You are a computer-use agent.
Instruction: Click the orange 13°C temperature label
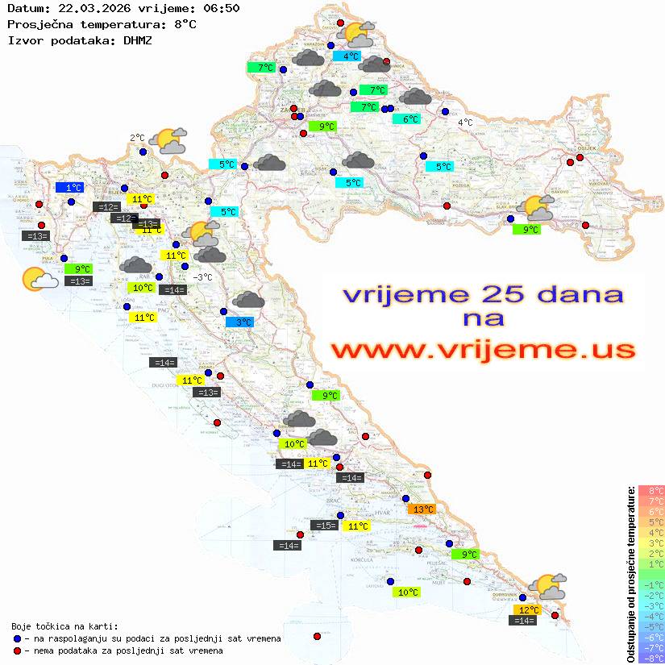[422, 509]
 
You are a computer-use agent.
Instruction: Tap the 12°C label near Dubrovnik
[528, 610]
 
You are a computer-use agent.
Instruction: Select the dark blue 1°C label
[69, 188]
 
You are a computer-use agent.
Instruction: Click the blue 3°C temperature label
[240, 322]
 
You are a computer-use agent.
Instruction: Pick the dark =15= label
[325, 526]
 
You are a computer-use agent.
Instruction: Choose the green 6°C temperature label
[409, 119]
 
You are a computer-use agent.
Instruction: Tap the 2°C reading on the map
[137, 138]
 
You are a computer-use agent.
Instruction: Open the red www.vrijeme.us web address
[483, 350]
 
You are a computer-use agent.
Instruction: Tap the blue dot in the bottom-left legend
[18, 638]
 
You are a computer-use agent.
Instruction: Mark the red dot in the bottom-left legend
[18, 650]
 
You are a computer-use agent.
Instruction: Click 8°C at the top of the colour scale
[651, 490]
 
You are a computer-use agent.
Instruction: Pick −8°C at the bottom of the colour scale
[651, 658]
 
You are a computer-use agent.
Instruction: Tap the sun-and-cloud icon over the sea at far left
[39, 279]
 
